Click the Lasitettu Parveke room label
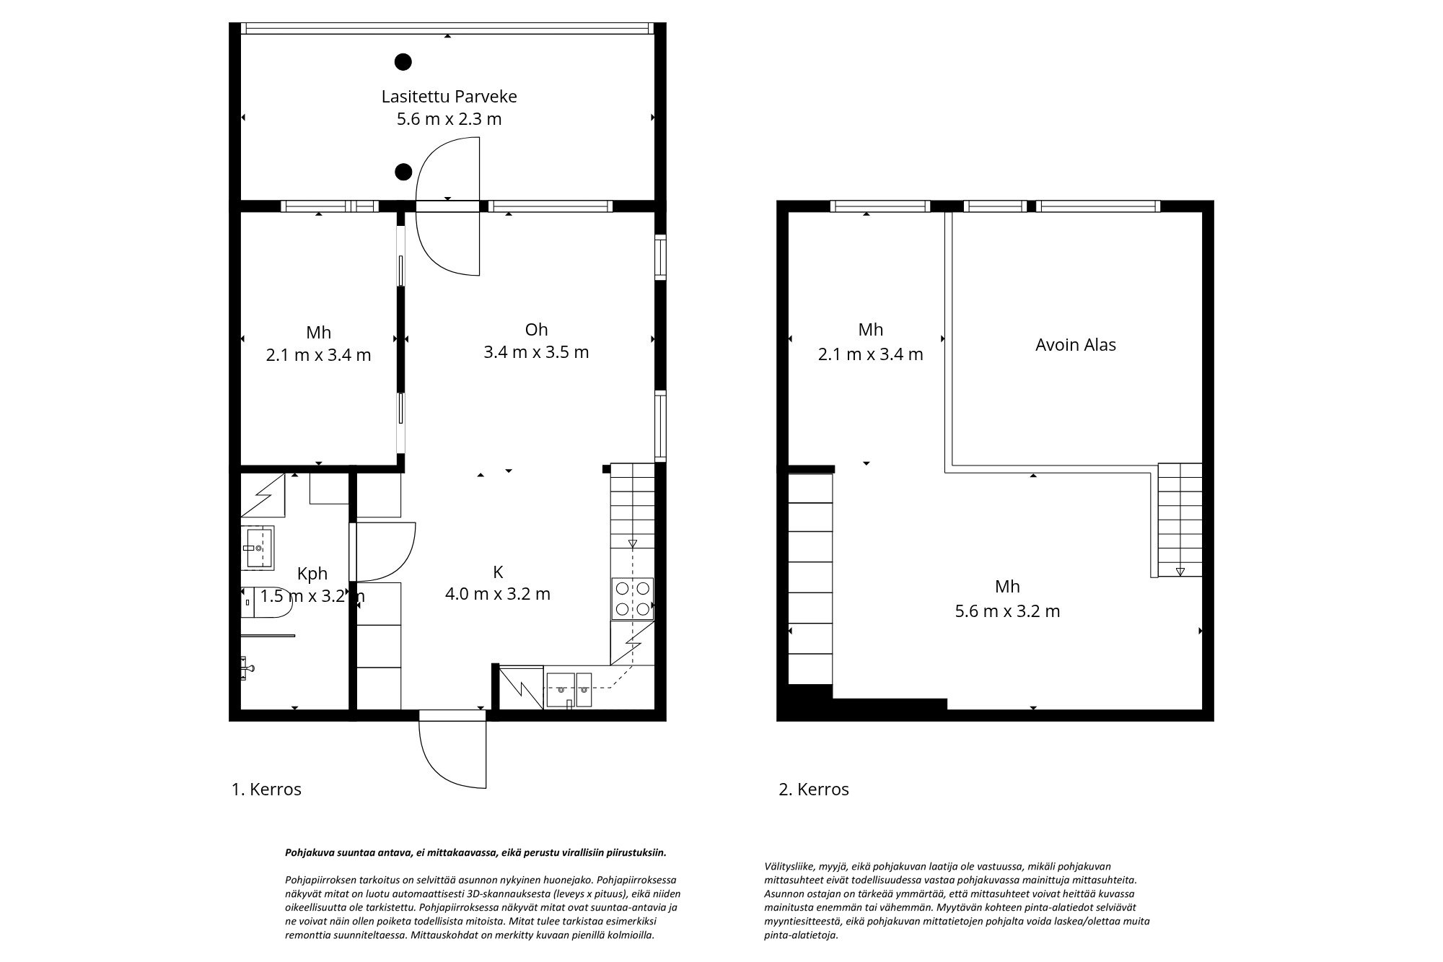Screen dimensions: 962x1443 coord(449,97)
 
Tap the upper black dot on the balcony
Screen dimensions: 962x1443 coord(403,62)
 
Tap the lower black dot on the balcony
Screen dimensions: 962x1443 coord(403,172)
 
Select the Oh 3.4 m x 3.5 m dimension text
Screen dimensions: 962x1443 coord(535,352)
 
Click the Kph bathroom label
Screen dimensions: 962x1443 coord(312,574)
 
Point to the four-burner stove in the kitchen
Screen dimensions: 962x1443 coord(632,598)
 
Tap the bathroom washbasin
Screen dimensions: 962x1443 coord(258,548)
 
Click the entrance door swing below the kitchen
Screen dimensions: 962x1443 coord(452,754)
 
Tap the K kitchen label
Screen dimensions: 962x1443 coord(497,572)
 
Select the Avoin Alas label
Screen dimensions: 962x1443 coord(1075,345)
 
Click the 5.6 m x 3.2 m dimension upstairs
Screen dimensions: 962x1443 coord(1007,611)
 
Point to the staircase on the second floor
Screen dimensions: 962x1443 coord(1179,520)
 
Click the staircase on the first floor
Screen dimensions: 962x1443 coord(632,505)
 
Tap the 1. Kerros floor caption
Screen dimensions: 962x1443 coord(266,790)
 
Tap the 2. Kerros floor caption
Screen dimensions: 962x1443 coord(814,790)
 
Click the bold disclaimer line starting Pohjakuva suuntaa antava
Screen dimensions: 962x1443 coord(475,852)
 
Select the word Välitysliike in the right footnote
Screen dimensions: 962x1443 coord(786,866)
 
